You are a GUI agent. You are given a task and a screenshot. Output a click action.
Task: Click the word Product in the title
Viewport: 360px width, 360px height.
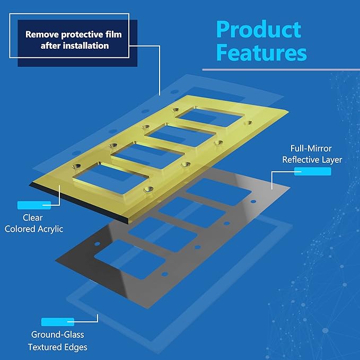[x=259, y=29]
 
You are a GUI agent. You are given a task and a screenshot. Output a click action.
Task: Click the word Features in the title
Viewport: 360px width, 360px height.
[x=261, y=52]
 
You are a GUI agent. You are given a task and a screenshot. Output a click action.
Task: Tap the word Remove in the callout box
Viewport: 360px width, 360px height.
[x=42, y=34]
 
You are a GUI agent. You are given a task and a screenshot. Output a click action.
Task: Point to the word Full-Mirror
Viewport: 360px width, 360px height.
[x=311, y=148]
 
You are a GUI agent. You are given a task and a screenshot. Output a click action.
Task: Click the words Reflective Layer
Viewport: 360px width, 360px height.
[x=312, y=160]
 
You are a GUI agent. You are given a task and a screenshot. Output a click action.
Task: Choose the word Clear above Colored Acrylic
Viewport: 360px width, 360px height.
[x=32, y=218]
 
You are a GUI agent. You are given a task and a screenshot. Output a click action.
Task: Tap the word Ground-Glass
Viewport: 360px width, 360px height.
[x=58, y=335]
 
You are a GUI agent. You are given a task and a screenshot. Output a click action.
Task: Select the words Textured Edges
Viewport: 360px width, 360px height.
[x=58, y=347]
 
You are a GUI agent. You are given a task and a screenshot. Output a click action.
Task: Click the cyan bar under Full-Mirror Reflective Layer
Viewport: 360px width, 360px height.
[x=313, y=171]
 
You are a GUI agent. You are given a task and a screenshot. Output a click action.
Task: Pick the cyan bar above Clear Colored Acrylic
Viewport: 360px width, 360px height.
[x=34, y=205]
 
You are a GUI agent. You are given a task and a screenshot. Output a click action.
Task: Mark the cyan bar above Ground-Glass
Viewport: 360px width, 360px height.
[x=58, y=322]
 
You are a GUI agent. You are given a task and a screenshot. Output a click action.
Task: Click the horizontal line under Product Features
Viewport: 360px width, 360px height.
[x=281, y=69]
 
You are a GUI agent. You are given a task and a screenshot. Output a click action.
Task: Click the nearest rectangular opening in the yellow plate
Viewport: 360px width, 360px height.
[x=111, y=178]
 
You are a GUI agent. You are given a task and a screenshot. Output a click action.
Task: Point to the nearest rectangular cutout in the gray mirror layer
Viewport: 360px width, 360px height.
[x=130, y=259]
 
